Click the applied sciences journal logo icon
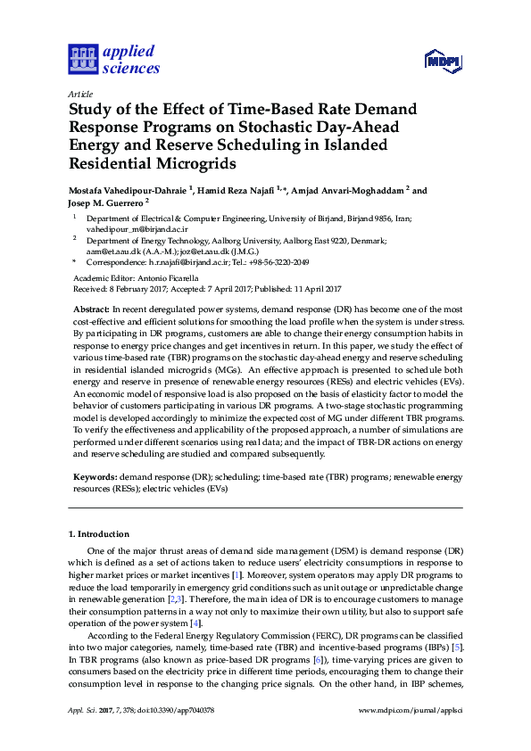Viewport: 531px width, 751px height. click(82, 59)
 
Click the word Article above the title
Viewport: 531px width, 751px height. click(79, 94)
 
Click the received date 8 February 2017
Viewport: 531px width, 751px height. click(137, 289)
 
